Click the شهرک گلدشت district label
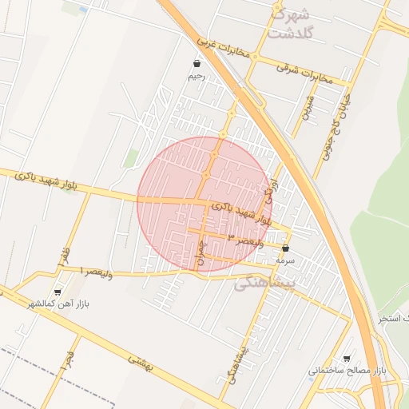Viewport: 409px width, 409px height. pyautogui.click(x=289, y=23)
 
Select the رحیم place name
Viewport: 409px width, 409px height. pyautogui.click(x=197, y=77)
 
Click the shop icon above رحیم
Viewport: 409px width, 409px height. pyautogui.click(x=197, y=64)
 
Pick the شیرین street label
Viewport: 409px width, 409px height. pyautogui.click(x=308, y=106)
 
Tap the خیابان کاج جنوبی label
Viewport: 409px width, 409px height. pyautogui.click(x=336, y=129)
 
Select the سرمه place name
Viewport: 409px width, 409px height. pyautogui.click(x=285, y=260)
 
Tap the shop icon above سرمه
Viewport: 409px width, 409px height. pyautogui.click(x=285, y=248)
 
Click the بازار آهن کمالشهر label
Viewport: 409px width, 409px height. pyautogui.click(x=58, y=304)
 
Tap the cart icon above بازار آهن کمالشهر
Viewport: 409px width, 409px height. pyautogui.click(x=57, y=292)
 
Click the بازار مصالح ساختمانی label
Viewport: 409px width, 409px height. pyautogui.click(x=347, y=371)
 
